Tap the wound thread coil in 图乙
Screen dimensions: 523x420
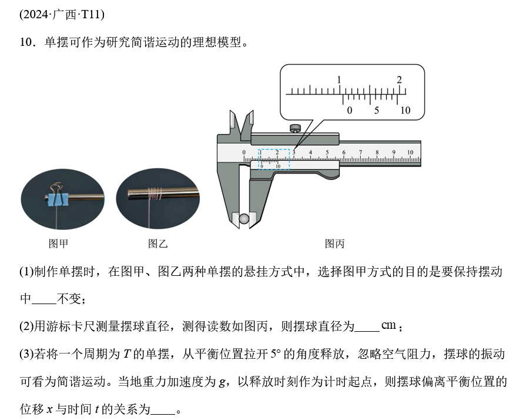point(155,193)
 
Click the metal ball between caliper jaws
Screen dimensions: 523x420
point(244,219)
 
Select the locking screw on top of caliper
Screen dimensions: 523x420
point(295,128)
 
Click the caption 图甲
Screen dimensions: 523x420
point(58,244)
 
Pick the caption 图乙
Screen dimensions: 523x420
point(157,244)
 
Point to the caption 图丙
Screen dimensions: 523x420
point(334,244)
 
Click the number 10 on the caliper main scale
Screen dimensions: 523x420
point(410,152)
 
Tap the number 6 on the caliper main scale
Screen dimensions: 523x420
point(344,152)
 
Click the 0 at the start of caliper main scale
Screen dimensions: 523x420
point(244,152)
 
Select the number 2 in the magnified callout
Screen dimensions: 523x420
point(399,80)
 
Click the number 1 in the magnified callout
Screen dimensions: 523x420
point(339,80)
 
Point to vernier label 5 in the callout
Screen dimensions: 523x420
point(377,110)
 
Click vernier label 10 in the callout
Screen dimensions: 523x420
point(405,110)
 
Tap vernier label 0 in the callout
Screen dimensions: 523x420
point(350,110)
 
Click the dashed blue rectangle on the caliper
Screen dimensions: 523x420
point(259,159)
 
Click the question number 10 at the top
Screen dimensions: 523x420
point(26,42)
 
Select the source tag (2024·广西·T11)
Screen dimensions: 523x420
point(62,15)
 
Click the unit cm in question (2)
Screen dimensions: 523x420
point(388,325)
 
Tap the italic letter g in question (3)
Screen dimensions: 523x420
point(222,382)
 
